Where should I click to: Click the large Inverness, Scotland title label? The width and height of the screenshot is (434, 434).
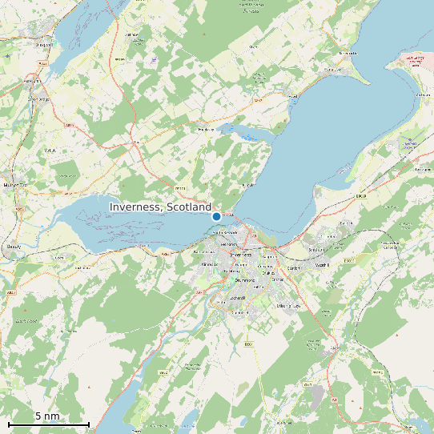pyautogui.click(x=160, y=207)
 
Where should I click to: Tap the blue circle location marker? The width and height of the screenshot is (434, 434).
pyautogui.click(x=216, y=216)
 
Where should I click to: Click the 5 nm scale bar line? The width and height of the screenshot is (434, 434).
pyautogui.click(x=48, y=423)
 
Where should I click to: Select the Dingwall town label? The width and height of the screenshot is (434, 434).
pyautogui.click(x=44, y=44)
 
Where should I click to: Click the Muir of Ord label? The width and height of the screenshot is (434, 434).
pyautogui.click(x=15, y=185)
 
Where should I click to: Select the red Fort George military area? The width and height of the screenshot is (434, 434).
pyautogui.click(x=414, y=61)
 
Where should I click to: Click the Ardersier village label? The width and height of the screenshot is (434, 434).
pyautogui.click(x=421, y=94)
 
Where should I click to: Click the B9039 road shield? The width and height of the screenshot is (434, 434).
pyautogui.click(x=360, y=196)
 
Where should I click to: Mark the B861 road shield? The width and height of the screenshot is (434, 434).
pyautogui.click(x=248, y=344)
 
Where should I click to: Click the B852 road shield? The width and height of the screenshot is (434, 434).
pyautogui.click(x=162, y=373)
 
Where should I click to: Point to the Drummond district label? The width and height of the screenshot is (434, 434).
pyautogui.click(x=243, y=280)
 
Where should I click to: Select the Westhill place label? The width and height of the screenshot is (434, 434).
pyautogui.click(x=323, y=265)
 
